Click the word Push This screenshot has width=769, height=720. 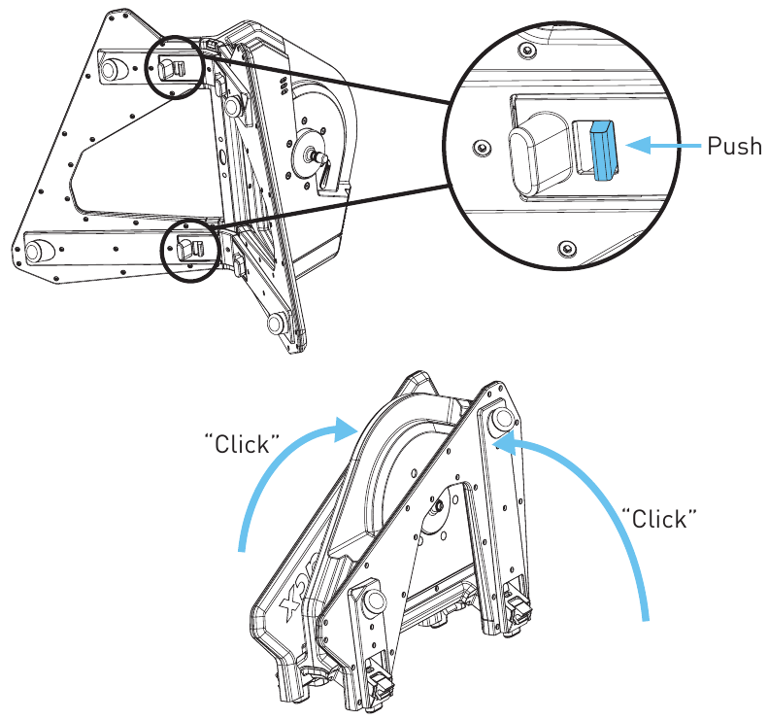(x=734, y=147)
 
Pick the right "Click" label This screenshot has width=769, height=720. (x=659, y=517)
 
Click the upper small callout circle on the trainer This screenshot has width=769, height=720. (x=175, y=67)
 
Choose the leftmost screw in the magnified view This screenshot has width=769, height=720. (x=477, y=147)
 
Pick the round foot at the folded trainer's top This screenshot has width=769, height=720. (x=504, y=420)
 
